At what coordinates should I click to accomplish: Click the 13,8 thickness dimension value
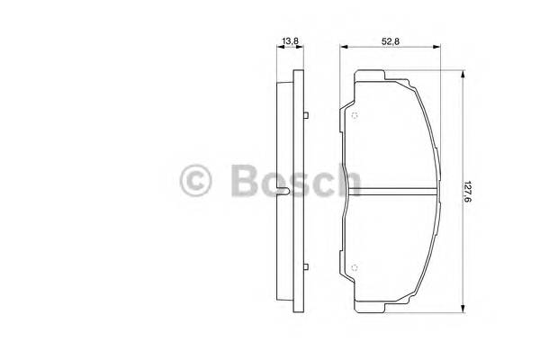tap(290, 41)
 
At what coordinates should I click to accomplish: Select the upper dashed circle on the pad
tap(355, 113)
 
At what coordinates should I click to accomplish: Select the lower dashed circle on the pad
tap(355, 266)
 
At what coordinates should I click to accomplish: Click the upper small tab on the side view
tap(307, 115)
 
